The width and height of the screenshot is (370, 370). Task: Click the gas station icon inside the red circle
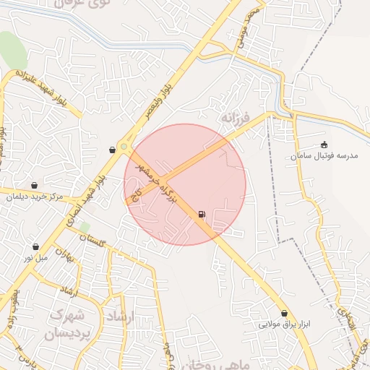pyautogui.click(x=201, y=215)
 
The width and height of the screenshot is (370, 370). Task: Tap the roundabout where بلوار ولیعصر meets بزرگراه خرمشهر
pyautogui.click(x=124, y=147)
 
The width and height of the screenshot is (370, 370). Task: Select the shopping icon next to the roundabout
pyautogui.click(x=112, y=150)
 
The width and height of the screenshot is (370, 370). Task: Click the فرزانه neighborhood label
pyautogui.click(x=236, y=116)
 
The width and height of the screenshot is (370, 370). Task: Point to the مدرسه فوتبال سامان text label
pyautogui.click(x=323, y=155)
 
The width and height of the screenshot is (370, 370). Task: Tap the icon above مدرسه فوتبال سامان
pyautogui.click(x=323, y=145)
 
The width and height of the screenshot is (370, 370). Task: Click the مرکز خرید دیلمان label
pyautogui.click(x=35, y=197)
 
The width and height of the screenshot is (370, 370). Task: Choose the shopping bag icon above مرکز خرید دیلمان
pyautogui.click(x=35, y=186)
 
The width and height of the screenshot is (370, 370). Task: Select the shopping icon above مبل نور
pyautogui.click(x=35, y=247)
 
